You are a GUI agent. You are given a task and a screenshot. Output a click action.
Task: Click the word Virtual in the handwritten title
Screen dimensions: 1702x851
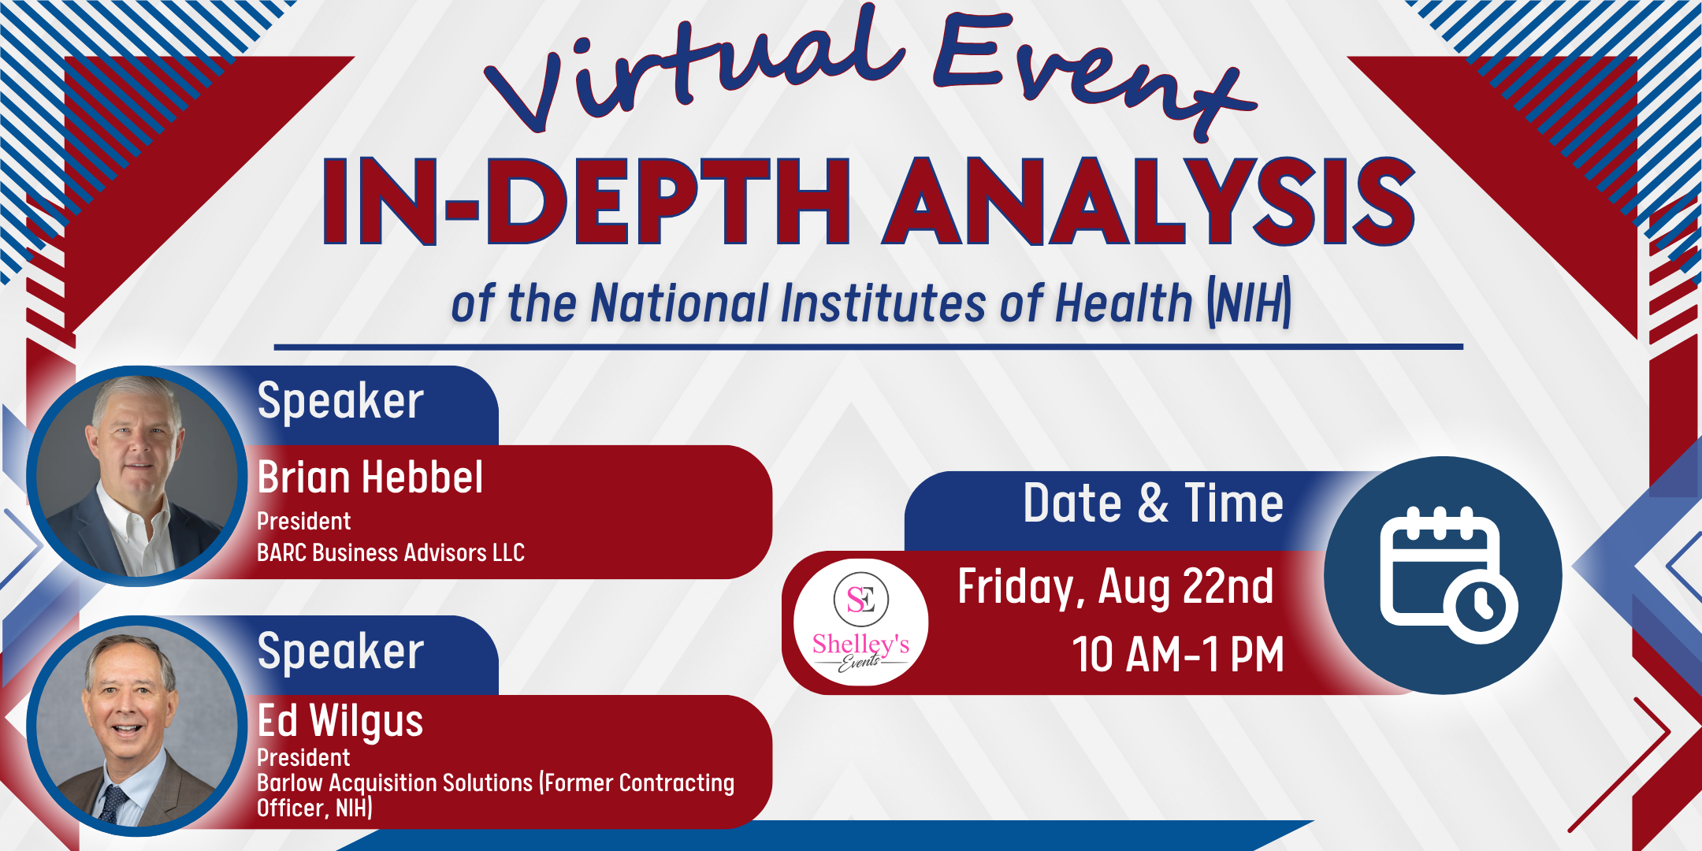coord(693,71)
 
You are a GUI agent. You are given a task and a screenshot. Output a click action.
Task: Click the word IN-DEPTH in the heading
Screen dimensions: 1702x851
coord(587,201)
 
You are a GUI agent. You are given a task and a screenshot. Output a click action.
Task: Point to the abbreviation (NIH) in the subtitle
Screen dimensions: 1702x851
coord(1249,303)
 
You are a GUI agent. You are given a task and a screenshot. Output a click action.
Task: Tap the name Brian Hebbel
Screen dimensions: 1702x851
coord(370,478)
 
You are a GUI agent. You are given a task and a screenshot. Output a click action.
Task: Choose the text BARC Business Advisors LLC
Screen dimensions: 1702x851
coord(391,552)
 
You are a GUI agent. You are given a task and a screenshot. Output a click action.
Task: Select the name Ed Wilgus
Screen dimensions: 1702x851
coord(340,721)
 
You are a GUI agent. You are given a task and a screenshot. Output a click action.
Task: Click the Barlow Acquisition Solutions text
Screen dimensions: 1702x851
coord(395,782)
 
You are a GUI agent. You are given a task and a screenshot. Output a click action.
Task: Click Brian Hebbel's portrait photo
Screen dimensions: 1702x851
coord(136,476)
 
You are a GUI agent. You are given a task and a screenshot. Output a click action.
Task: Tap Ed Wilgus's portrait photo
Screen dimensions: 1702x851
coord(136,726)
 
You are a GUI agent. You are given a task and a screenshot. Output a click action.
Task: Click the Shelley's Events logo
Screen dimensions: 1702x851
coord(860,622)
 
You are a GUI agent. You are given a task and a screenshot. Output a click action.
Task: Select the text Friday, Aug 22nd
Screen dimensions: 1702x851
coord(1115,587)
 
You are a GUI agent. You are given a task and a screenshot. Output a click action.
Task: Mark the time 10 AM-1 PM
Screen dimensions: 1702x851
coord(1178,654)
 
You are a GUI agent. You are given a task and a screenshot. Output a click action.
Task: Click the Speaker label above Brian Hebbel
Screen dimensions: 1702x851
coord(340,401)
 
